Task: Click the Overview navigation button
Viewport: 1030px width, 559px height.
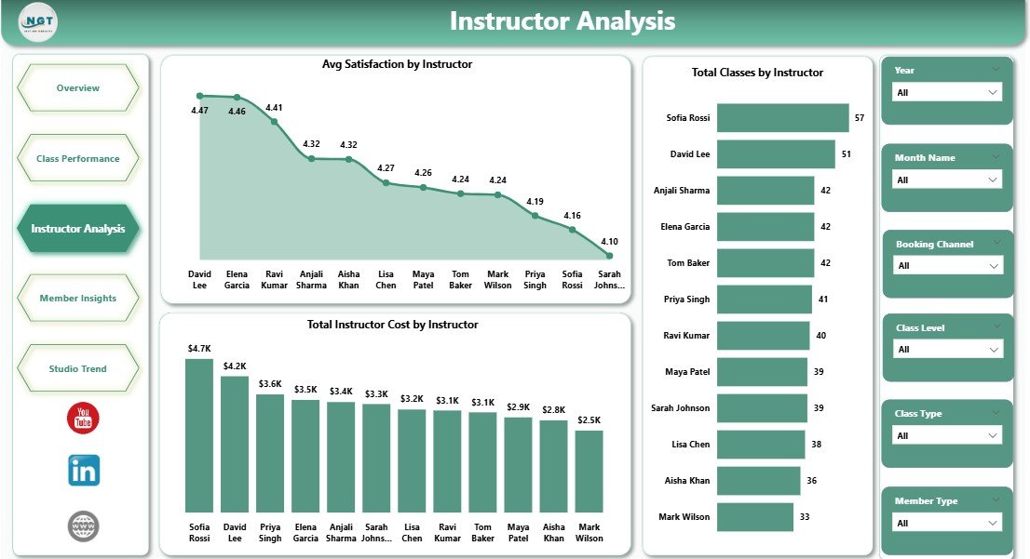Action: tap(78, 88)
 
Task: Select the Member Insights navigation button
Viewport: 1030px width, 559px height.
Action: tap(78, 299)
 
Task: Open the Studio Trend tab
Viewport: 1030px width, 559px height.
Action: tap(78, 369)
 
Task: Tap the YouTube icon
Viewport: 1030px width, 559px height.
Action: tap(83, 419)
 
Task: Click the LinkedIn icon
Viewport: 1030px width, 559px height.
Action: tap(84, 471)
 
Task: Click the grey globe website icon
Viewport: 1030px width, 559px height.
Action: tap(84, 526)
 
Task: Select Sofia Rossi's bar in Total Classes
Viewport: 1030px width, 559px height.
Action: tap(782, 118)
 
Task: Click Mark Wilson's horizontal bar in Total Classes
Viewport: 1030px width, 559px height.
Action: tap(755, 517)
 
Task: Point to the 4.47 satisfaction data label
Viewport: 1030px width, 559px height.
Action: tap(199, 111)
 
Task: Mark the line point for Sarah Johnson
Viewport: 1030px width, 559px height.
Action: tap(609, 255)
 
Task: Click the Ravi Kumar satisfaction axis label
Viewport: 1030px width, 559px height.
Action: tap(274, 280)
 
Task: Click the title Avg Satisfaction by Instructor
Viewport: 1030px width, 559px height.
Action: tap(397, 65)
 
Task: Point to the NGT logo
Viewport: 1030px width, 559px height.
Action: tap(39, 22)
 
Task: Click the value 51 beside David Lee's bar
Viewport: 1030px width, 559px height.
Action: tap(846, 154)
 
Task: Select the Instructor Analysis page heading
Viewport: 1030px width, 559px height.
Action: tap(562, 21)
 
